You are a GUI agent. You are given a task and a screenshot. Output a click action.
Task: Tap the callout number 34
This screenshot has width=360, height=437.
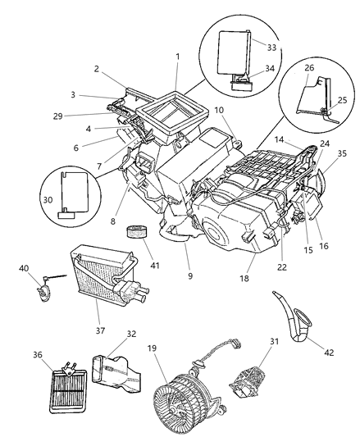pos(271,72)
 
